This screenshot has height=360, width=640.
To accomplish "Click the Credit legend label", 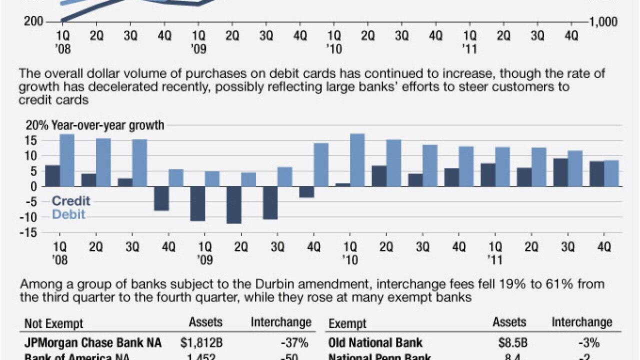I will tap(71, 201).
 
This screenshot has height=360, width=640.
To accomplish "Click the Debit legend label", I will tap(68, 214).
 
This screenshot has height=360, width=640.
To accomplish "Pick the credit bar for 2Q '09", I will tap(233, 204).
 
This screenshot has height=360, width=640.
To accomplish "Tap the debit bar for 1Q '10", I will tap(357, 160).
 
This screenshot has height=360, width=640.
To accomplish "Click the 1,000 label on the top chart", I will tap(604, 22).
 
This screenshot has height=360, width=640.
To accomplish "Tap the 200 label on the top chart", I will tap(33, 22).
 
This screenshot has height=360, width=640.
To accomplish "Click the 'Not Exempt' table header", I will tap(54, 323).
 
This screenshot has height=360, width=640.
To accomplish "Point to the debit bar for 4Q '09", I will tap(321, 164).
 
